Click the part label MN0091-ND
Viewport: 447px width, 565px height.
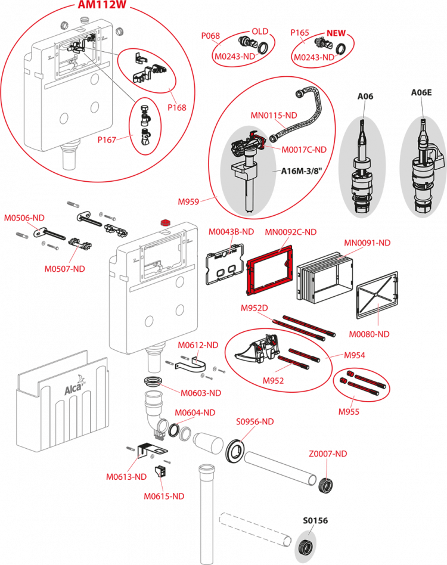[367, 243]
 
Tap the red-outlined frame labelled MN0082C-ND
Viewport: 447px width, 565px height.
[269, 272]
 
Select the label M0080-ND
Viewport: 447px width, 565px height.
[369, 334]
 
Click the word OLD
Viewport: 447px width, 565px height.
[260, 31]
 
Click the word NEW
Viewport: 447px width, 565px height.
[336, 33]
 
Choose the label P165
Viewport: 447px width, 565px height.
[299, 33]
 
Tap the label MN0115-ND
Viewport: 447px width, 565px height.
[274, 114]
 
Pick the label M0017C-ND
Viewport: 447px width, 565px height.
[304, 149]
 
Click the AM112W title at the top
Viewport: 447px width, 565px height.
[104, 5]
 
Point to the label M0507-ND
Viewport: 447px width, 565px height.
[65, 269]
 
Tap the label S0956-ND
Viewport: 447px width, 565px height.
[254, 421]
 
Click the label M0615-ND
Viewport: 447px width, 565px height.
[164, 496]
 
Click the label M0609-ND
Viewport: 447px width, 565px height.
[201, 393]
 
